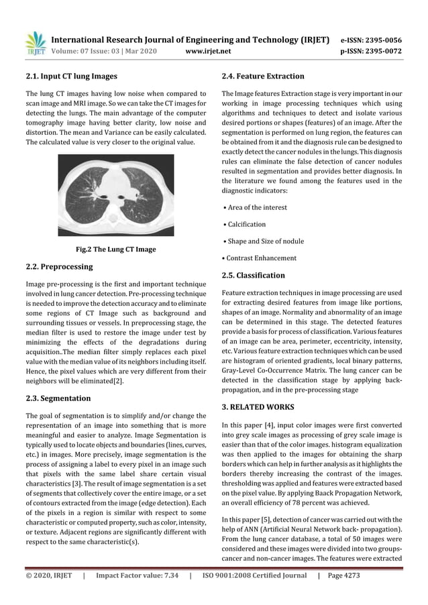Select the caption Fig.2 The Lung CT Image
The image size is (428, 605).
(115, 250)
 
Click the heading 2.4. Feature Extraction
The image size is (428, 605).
(262, 76)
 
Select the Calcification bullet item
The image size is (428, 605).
(246, 224)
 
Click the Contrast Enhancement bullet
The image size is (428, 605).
(262, 258)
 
